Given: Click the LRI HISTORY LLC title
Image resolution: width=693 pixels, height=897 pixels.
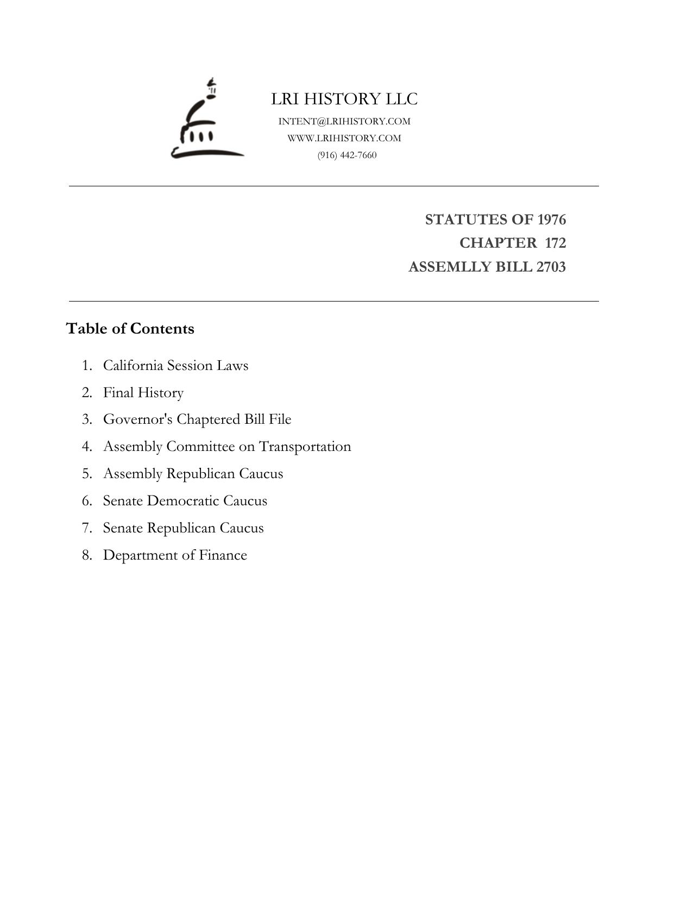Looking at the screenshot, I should (x=344, y=99).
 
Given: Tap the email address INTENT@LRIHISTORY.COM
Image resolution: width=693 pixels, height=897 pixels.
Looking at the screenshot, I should (x=344, y=121).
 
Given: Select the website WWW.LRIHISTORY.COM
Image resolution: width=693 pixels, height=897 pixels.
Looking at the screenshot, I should (x=344, y=138).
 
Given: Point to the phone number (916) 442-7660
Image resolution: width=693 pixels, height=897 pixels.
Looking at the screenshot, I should (x=347, y=155).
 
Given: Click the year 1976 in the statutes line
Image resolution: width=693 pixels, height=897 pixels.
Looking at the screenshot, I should (x=551, y=219).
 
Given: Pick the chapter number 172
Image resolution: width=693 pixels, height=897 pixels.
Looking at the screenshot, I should (x=555, y=243).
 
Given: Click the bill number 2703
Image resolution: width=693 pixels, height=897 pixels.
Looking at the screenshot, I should (x=551, y=267).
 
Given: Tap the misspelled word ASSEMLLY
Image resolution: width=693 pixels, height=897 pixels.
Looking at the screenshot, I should (x=450, y=267).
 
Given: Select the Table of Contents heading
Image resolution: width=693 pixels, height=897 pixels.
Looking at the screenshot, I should (x=130, y=329).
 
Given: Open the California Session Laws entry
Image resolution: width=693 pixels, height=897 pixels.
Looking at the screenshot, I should (x=175, y=365).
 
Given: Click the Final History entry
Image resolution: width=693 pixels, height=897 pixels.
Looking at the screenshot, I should (x=143, y=392).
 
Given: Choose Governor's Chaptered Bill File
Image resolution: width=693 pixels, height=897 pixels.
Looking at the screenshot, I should (x=197, y=419).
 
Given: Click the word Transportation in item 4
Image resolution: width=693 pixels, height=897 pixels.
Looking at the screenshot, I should (x=305, y=447).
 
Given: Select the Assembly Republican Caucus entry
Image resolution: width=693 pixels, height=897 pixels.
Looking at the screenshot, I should (x=193, y=474).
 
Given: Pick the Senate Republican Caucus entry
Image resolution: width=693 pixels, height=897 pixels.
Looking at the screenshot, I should (x=183, y=528).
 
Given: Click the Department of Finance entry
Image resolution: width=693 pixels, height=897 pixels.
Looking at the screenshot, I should (x=175, y=555).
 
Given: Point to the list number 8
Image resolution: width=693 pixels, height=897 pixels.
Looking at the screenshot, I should (x=87, y=555).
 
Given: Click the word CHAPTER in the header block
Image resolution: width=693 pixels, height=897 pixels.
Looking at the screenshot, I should (x=498, y=243).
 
